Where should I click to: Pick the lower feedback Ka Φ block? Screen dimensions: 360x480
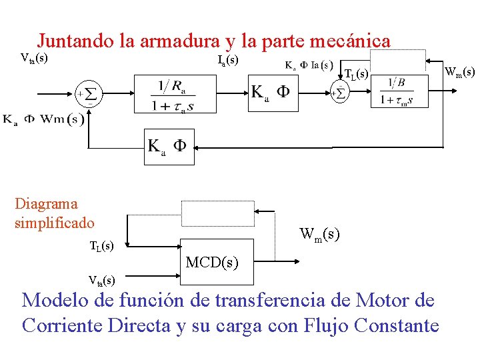point(169,147)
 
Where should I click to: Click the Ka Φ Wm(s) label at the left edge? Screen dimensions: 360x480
point(43,120)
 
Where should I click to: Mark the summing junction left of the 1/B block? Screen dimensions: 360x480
point(339,93)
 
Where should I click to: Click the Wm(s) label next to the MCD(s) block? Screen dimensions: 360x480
point(319,234)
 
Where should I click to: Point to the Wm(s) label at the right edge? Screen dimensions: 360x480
point(459,71)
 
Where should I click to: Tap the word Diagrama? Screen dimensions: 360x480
point(46,204)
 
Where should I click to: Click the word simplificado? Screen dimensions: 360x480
point(55,223)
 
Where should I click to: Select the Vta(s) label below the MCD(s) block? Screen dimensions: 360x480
point(101,279)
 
